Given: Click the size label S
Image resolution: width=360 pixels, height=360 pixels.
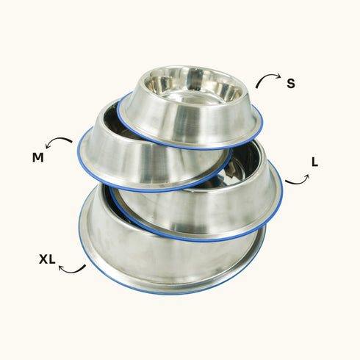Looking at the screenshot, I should coord(291,83).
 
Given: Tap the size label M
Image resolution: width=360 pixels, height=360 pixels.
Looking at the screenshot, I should coord(38,156).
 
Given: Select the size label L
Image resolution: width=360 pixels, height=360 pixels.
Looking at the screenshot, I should coord(314,162).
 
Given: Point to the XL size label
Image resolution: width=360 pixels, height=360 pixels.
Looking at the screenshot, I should coord(48,259).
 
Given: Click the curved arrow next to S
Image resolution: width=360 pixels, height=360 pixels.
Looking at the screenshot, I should coord(268,79).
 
